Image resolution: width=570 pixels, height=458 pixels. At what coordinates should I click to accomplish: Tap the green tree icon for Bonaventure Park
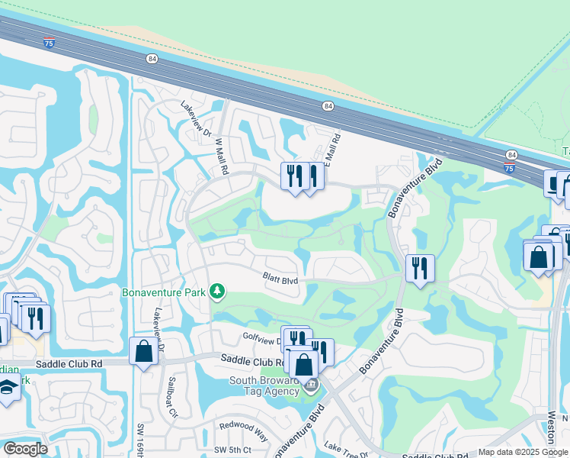(x=217, y=292)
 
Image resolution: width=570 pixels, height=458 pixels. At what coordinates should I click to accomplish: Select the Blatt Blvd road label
(x=280, y=280)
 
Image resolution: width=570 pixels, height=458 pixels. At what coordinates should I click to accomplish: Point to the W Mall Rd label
(x=222, y=156)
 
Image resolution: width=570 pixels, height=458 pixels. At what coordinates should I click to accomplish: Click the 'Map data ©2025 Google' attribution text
(x=522, y=452)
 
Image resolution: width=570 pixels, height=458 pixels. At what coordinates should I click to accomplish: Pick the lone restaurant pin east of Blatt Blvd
(x=420, y=269)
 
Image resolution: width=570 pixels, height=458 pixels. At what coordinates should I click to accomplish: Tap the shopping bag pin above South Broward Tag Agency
(x=304, y=364)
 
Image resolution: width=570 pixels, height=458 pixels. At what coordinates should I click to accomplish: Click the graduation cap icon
(x=8, y=389)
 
